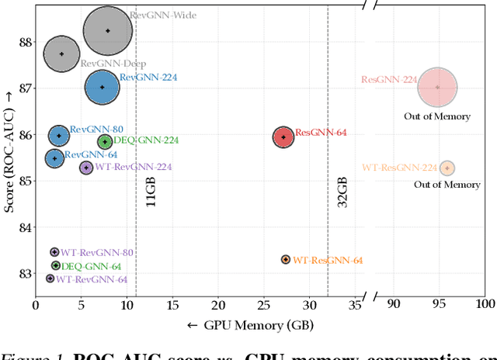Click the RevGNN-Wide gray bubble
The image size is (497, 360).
tap(108, 31)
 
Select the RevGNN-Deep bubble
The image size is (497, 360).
tap(62, 54)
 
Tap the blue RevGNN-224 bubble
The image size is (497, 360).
tap(102, 87)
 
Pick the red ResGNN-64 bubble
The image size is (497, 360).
tap(283, 137)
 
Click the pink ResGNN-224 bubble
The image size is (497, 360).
tap(437, 87)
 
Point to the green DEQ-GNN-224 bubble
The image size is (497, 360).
tap(105, 141)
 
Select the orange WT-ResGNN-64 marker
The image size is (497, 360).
tap(286, 259)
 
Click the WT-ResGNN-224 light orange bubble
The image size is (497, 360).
tap(447, 168)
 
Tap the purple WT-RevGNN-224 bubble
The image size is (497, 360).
tap(86, 167)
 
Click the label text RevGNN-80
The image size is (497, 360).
tap(96, 130)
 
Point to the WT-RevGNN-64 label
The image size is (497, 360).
tap(92, 279)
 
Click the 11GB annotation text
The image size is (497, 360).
tap(151, 191)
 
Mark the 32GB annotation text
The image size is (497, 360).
tap(342, 191)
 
